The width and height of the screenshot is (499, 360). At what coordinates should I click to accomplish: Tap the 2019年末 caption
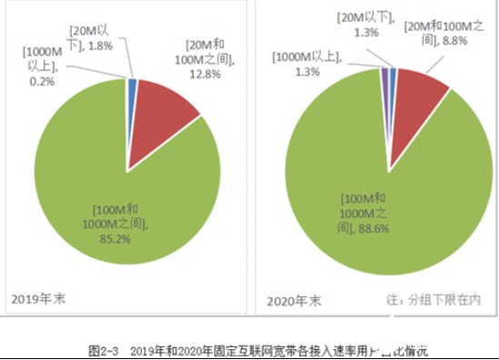point(39,297)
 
